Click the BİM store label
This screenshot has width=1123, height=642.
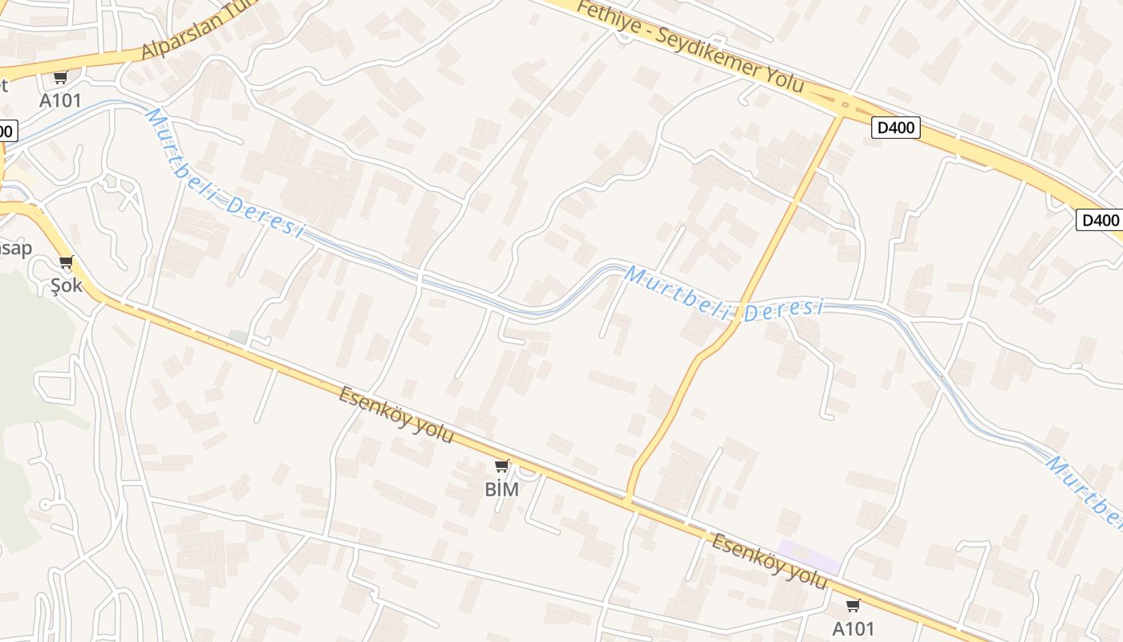tap(502, 489)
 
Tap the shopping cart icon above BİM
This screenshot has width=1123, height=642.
tap(502, 465)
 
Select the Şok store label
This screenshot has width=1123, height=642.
tap(67, 285)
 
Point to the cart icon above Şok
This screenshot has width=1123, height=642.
tap(67, 262)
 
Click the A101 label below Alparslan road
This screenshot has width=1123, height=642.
tap(61, 100)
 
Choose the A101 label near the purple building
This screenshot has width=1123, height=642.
tap(853, 628)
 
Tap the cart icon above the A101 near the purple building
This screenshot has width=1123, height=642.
tap(853, 605)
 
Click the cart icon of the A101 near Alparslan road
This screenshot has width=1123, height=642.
tap(60, 78)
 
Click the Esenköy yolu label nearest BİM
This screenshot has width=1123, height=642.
tap(396, 416)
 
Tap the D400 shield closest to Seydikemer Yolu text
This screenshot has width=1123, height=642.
tap(895, 127)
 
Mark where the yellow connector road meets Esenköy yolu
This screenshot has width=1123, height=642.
tap(629, 499)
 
